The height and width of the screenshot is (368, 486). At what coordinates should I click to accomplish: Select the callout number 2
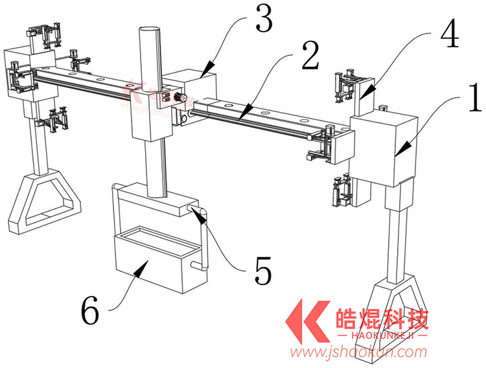(x=310, y=56)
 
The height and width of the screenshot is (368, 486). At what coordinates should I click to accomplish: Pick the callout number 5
(x=262, y=270)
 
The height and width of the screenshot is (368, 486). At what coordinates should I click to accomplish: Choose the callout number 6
(x=90, y=311)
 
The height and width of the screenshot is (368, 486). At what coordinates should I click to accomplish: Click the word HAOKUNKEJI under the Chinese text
(x=382, y=336)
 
